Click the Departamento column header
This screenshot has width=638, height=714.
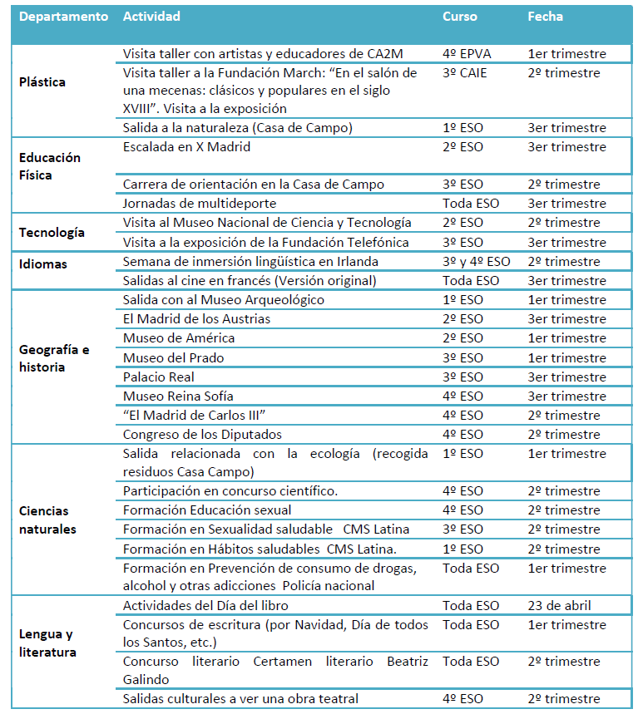(63, 17)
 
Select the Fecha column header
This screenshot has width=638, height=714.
(545, 17)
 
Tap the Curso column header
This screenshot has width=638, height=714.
(460, 17)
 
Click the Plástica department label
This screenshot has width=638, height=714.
(42, 82)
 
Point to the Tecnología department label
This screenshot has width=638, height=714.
(52, 233)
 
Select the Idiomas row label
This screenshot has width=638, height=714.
(43, 263)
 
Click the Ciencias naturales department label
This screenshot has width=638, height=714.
(47, 519)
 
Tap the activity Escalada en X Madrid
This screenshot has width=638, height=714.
(186, 147)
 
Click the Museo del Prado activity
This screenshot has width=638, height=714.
(173, 357)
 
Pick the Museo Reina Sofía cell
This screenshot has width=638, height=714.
(178, 396)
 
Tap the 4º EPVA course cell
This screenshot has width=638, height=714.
(467, 54)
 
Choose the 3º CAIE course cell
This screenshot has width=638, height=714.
(465, 73)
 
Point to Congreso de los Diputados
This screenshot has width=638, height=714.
(202, 434)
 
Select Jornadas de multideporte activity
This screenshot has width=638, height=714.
(200, 203)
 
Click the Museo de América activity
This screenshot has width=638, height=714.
(179, 338)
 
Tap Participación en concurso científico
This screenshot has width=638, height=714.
(230, 490)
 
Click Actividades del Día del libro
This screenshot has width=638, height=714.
(205, 605)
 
